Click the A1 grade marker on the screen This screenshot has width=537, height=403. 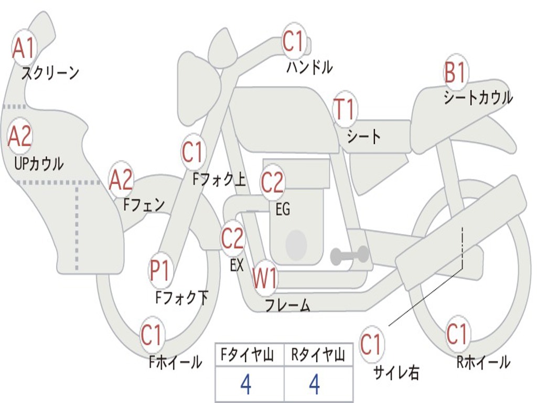point(23,48)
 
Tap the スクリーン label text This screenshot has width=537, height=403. point(50,73)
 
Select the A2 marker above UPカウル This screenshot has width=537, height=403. point(20,136)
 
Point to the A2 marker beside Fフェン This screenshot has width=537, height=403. point(121,179)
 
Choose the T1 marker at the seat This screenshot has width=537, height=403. point(345,110)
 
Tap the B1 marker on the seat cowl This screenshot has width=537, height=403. point(455,72)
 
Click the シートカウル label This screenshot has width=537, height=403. point(478,98)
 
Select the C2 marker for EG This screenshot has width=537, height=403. point(272,182)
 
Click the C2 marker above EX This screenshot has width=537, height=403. point(232,239)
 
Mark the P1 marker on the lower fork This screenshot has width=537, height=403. point(160,271)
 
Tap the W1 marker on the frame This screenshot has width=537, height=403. point(264,278)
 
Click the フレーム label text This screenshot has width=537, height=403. point(287,305)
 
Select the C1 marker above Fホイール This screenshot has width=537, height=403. point(152,336)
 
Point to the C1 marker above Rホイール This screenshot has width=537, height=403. point(457,334)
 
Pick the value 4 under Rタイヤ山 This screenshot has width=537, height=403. point(314,385)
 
